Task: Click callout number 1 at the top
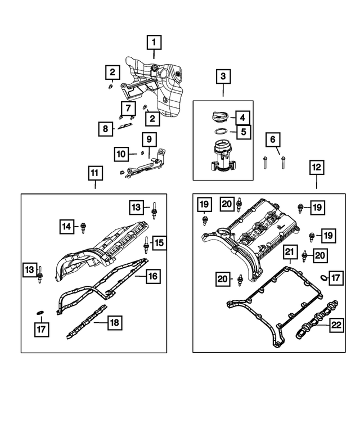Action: (154, 41)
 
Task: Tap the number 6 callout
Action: (273, 139)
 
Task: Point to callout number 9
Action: (149, 139)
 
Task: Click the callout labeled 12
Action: (316, 167)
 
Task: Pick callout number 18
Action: (114, 322)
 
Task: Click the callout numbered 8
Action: (105, 129)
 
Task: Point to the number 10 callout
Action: (121, 153)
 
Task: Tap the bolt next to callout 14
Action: (84, 227)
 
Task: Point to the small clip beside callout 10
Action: (142, 152)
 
